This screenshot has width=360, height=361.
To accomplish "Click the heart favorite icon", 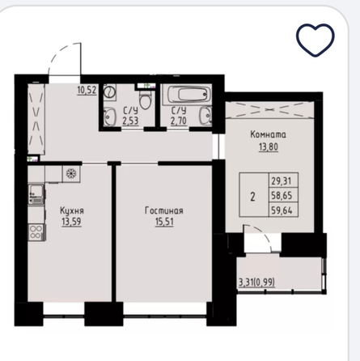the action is click(x=315, y=40).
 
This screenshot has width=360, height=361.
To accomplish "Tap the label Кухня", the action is click(x=72, y=210).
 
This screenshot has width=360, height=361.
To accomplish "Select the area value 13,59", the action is click(x=71, y=222).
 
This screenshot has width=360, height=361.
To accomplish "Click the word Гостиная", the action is click(x=164, y=210).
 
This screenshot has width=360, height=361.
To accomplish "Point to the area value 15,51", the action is click(x=164, y=222).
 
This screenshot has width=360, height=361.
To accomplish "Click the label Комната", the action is click(x=269, y=134).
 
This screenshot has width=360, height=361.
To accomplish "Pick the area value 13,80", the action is click(x=269, y=147).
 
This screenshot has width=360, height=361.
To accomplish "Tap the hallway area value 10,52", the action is click(x=87, y=90).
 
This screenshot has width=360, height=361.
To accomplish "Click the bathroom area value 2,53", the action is click(x=130, y=121).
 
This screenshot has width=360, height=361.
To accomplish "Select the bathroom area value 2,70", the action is click(x=179, y=121).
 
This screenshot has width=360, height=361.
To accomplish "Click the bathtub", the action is click(x=188, y=95).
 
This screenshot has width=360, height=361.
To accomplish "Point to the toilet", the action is click(x=146, y=100).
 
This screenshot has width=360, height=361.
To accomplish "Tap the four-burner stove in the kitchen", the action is click(x=36, y=232).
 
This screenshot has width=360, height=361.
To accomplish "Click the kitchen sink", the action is click(x=36, y=194).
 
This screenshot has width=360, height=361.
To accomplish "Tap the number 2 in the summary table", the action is click(x=253, y=197).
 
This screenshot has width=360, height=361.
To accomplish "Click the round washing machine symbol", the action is click(x=110, y=92).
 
